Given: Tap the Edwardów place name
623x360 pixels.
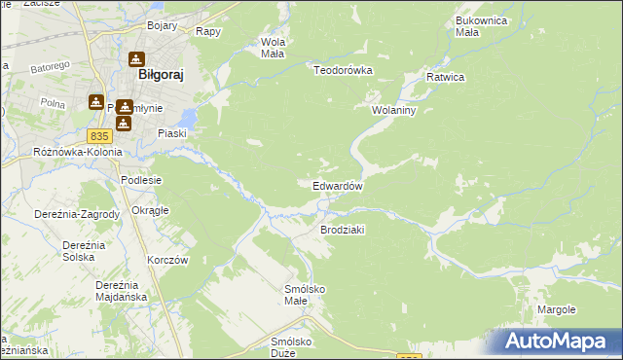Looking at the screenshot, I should pos(338,186).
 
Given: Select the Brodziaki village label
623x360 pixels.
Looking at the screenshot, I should pos(342,230).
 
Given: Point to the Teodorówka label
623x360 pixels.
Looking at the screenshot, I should pos(343,70).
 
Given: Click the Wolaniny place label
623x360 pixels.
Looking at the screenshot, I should pos(393,110).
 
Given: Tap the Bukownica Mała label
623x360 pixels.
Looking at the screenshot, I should pos(481,25).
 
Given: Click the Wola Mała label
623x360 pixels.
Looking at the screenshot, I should pos(273,48).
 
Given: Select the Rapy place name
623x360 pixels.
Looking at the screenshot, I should pos(207,31).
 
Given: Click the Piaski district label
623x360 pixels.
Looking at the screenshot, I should pos(171,133).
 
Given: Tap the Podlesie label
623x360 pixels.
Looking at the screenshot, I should pos(139,180).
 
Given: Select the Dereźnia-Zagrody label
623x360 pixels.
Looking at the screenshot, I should pos(77,214).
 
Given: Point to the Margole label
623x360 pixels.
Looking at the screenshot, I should pos(556,309).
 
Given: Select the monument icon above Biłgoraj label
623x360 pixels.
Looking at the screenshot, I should pos(135,58).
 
